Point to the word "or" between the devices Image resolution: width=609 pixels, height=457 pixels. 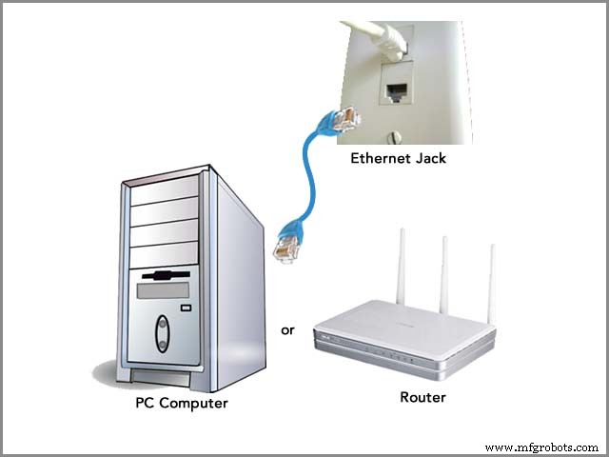287,331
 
